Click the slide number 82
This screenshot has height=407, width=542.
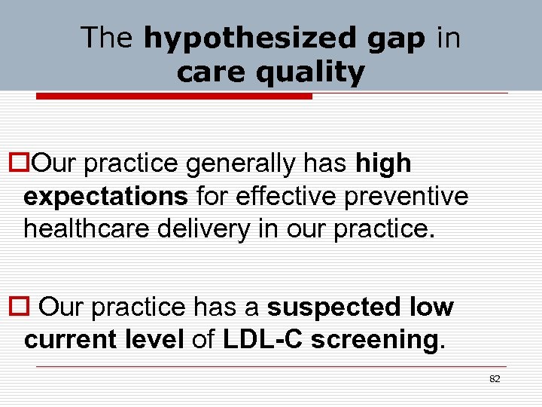(495, 379)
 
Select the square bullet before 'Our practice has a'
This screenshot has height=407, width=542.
(21, 308)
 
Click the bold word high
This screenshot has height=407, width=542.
(383, 163)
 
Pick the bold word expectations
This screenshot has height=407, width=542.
(105, 196)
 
